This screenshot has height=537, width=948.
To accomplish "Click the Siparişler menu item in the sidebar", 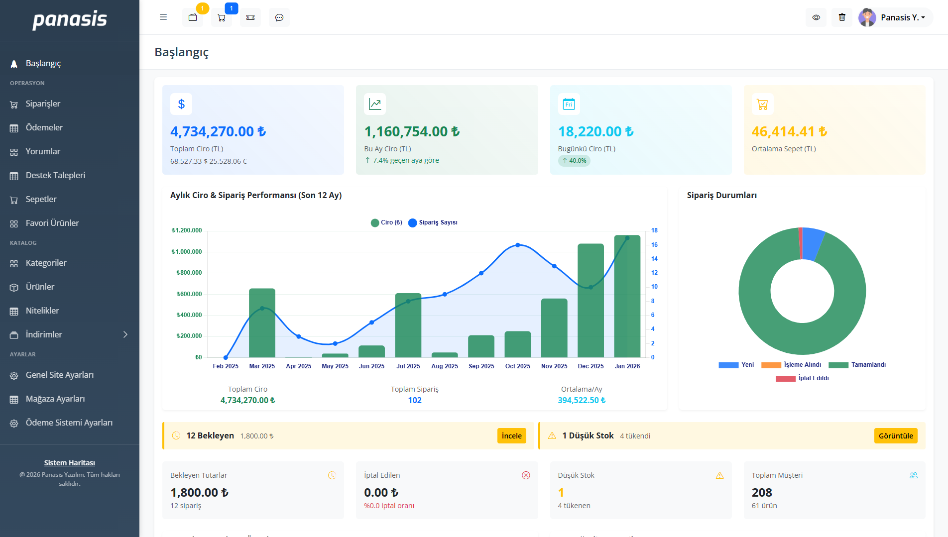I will pyautogui.click(x=43, y=104).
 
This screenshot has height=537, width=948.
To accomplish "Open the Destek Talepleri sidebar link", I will pyautogui.click(x=55, y=175).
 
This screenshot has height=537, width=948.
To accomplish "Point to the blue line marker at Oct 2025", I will pyautogui.click(x=518, y=245).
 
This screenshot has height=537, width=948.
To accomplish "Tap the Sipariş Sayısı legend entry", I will pyautogui.click(x=433, y=222).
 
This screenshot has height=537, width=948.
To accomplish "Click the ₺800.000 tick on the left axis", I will pyautogui.click(x=189, y=273).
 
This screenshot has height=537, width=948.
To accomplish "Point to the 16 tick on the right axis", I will pyautogui.click(x=654, y=245).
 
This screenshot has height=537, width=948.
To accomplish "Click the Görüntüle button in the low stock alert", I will pyautogui.click(x=895, y=436).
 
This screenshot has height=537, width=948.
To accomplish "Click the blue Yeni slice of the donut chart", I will pyautogui.click(x=812, y=243).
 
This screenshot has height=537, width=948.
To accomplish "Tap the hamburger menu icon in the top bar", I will pyautogui.click(x=163, y=17).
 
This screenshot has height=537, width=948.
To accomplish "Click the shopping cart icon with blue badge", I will pyautogui.click(x=222, y=17).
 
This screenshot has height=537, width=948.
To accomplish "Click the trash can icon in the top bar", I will pyautogui.click(x=841, y=17).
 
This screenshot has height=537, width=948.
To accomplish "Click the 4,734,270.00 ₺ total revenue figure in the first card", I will pyautogui.click(x=218, y=131).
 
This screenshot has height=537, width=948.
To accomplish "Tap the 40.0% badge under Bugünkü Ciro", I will pyautogui.click(x=574, y=161).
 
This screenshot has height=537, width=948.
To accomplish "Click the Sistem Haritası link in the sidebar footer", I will pyautogui.click(x=69, y=463).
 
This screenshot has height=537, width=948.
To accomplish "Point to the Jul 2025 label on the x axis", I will pyautogui.click(x=408, y=366).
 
